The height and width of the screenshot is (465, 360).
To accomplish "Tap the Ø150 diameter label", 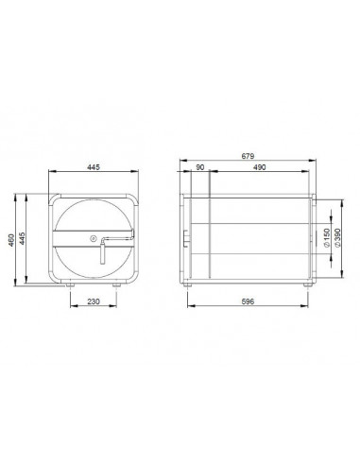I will pos(327,238).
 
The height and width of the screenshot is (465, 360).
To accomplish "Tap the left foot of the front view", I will pos(71,284).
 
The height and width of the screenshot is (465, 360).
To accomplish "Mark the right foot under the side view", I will pos(306,284).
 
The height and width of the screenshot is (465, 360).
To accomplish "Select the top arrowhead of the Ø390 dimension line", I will pos(334,199).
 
